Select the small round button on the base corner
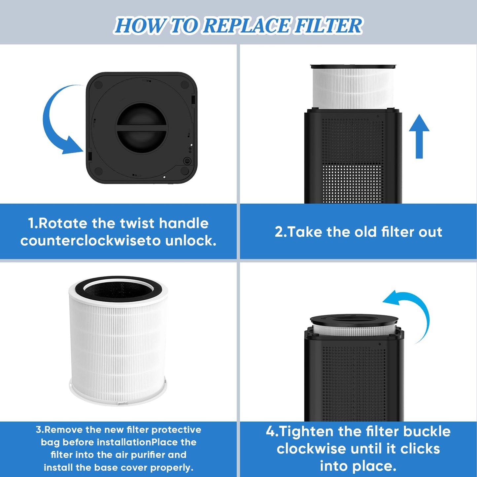coord(187,161)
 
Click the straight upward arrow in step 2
coord(419,135)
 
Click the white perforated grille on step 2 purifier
coord(352,183)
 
